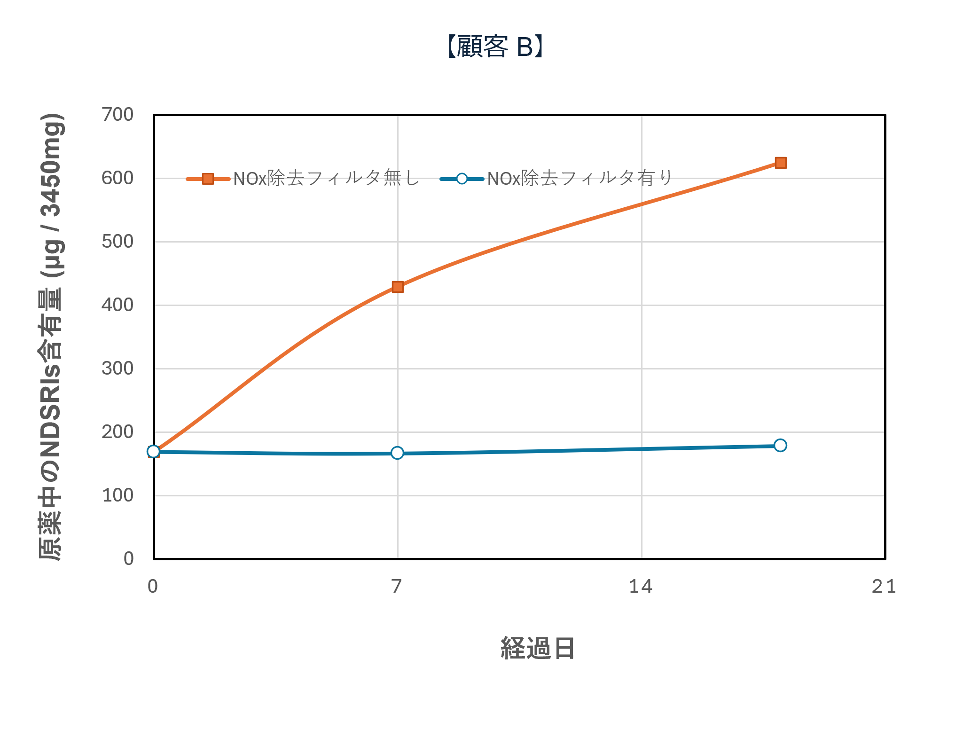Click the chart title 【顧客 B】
coord(495,47)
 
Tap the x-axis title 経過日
coord(537,649)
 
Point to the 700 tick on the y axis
coord(117,115)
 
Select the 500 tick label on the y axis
coord(117,242)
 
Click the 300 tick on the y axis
coord(117,369)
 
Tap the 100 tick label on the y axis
coord(117,495)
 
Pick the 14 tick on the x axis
coord(641,586)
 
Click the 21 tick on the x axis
coord(884,586)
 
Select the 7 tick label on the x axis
coord(397,586)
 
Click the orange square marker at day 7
coord(398,287)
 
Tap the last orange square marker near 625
coord(781,163)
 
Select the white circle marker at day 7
coord(397,453)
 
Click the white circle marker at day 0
coord(153,451)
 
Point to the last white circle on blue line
coord(780,445)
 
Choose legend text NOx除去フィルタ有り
coord(579,179)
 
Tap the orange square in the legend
coord(208,179)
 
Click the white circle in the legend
coord(462,179)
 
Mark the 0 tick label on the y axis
coord(128,559)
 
